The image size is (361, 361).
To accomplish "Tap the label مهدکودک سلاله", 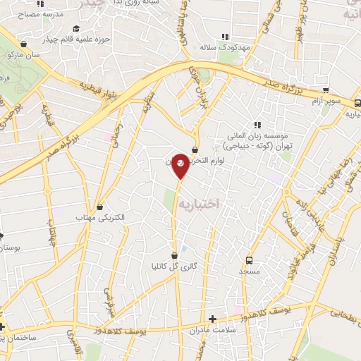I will click(226, 47).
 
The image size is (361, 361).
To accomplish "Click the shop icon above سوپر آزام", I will click(326, 90).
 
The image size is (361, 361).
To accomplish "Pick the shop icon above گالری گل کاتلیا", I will click(174, 255).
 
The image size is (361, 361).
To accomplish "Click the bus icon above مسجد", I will click(248, 259).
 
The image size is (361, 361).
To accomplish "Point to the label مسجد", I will click(249, 271).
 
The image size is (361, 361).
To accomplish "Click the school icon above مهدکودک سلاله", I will click(226, 36).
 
